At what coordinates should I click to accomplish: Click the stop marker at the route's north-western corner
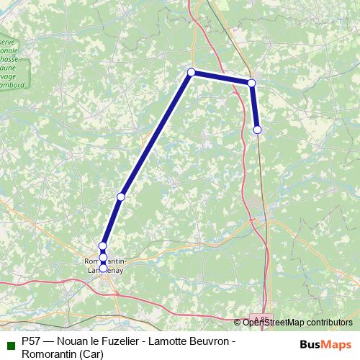192,72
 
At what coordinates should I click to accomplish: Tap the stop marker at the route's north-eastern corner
252,84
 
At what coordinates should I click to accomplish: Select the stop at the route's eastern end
258,130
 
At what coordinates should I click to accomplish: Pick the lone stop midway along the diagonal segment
121,196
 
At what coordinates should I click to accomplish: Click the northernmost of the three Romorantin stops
102,246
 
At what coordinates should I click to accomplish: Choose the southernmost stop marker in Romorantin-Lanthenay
103,269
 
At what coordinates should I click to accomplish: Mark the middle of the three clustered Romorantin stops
103,257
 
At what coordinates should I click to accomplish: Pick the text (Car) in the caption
91,354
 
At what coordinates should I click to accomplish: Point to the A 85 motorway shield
260,318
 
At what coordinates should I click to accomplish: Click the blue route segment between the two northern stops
222,78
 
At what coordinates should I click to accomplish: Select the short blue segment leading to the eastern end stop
255,107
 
